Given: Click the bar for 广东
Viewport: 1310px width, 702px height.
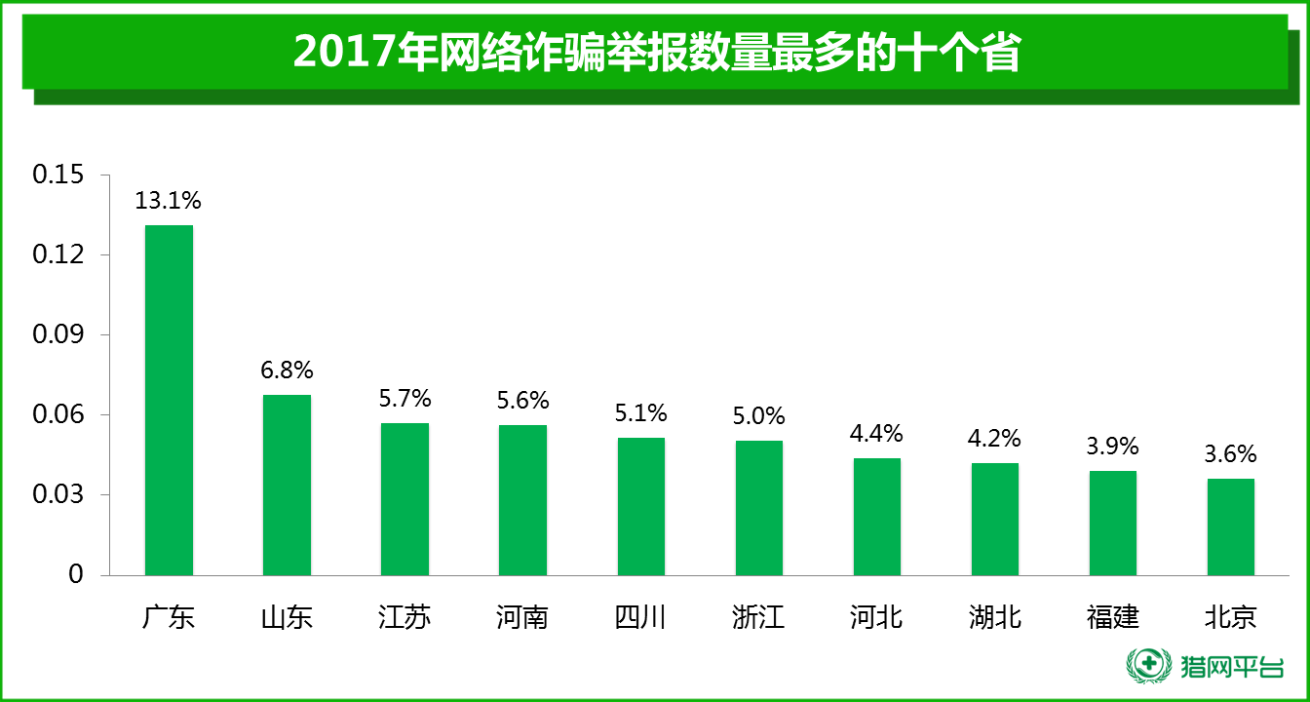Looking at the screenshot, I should (169, 400).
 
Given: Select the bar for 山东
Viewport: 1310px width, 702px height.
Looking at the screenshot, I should (287, 485).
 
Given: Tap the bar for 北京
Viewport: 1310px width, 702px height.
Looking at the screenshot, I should (1231, 526).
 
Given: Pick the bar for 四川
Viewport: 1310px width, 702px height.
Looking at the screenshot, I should (641, 506).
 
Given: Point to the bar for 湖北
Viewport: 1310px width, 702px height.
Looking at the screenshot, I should (995, 519).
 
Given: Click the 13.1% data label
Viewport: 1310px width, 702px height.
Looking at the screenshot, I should (169, 201).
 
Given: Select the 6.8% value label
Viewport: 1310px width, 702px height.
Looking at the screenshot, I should (287, 370).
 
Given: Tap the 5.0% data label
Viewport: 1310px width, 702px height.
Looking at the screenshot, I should (759, 416).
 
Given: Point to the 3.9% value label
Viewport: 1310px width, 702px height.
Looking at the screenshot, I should (1113, 446).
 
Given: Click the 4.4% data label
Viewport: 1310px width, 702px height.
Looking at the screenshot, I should (877, 433).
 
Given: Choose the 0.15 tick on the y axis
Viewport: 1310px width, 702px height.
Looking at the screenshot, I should (58, 175).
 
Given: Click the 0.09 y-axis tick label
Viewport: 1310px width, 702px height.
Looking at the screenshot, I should (58, 334).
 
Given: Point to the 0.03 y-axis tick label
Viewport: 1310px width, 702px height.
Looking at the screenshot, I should (58, 494).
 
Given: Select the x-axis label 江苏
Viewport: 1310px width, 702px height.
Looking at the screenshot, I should (405, 617).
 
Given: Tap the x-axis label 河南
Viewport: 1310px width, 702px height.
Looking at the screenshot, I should (522, 617).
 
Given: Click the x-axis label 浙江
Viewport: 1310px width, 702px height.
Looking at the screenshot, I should (759, 617).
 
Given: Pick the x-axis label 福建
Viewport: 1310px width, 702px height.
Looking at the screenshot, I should (1113, 617).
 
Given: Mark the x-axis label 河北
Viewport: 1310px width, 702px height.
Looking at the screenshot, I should (877, 617).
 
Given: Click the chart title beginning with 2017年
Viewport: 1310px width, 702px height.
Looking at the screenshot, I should (655, 52).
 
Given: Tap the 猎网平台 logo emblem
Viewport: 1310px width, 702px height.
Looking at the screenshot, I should (1149, 666).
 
